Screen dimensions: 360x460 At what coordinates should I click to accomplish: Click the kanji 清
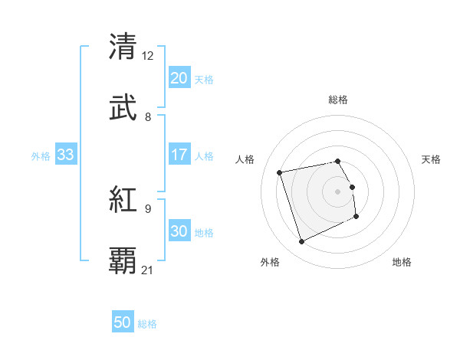pos(123,46)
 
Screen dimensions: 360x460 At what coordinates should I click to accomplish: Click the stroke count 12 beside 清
pos(148,56)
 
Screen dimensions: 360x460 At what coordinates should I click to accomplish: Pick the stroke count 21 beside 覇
pos(148,270)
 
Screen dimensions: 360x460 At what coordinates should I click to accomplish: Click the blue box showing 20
pos(179,78)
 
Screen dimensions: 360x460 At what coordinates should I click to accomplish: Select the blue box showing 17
pos(179,155)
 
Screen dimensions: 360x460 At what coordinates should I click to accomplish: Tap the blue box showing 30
pos(179,232)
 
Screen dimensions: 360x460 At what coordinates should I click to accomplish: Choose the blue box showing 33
pos(65,155)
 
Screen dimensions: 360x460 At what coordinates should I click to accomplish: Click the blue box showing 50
pos(123,323)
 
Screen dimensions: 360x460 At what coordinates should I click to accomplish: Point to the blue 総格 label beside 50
pos(147,325)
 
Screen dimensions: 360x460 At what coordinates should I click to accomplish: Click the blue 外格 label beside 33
pos(41,156)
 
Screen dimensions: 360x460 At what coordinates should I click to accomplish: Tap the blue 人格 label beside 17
pos(204,156)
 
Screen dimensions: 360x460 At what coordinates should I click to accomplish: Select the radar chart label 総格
pos(338,100)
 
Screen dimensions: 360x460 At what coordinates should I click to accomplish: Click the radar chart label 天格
pos(431,159)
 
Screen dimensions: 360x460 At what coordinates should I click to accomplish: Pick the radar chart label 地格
pos(402,262)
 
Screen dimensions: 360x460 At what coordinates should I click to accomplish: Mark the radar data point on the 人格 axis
pos(280,172)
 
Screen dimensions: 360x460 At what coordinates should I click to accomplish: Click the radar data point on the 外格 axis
pos(301,242)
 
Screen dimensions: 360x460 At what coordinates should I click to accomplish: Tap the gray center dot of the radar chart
pos(338,191)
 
